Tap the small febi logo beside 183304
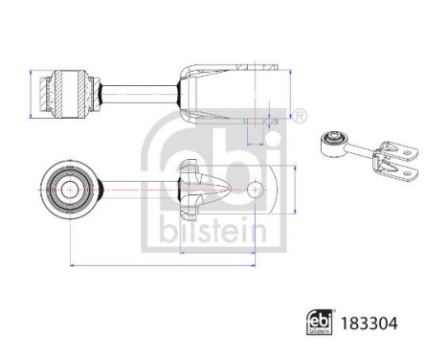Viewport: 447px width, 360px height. point(321,324)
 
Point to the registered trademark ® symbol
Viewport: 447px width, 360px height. point(301,117)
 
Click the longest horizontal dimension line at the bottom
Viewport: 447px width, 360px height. point(163,263)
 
